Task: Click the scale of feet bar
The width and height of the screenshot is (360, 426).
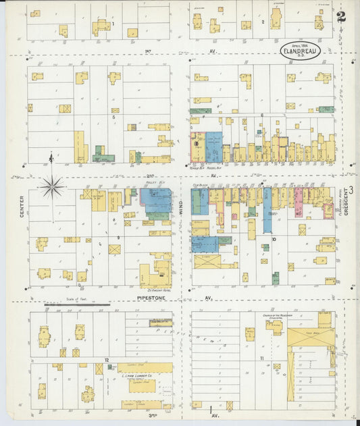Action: tap(77, 305)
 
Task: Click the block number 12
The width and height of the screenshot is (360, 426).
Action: tap(107, 361)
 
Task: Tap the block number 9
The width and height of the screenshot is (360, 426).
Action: tap(118, 238)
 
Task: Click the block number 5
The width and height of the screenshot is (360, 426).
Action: tap(114, 117)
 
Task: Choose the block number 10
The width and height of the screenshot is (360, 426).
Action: tap(274, 239)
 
